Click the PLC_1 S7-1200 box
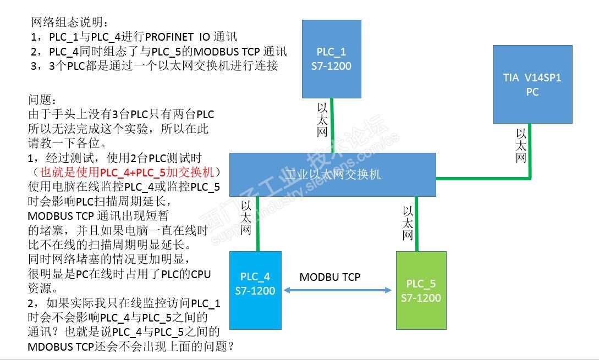pos(331,59)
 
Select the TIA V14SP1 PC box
pos(532,84)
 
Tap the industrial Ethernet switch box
pos(332,175)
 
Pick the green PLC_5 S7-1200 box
pos(421,290)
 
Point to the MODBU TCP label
pos(329,277)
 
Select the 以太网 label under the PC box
pos(520,146)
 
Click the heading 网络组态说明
pos(70,23)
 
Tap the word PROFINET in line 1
pos(168,37)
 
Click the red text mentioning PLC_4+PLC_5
pos(128,173)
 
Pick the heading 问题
pos(42,100)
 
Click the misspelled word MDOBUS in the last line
pos(47,346)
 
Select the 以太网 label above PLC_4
pos(246,217)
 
